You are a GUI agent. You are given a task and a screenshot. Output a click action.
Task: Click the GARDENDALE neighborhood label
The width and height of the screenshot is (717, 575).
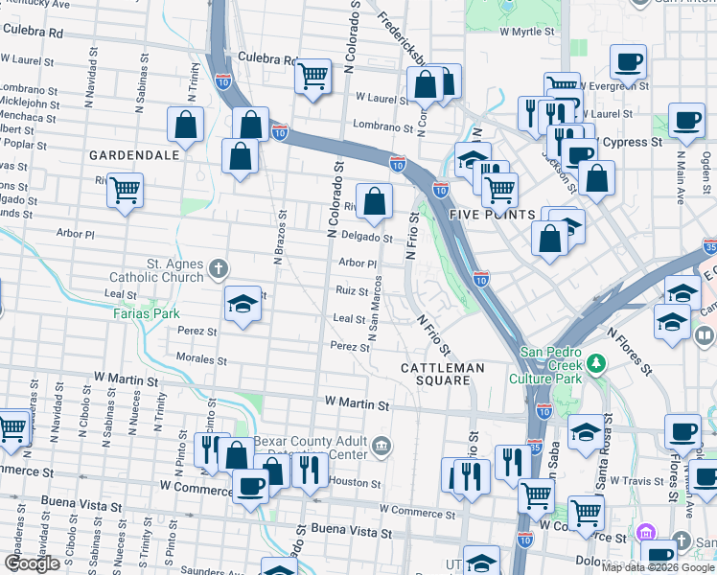click(134, 154)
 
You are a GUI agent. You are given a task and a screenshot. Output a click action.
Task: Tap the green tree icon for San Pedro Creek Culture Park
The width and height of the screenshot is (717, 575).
click(597, 363)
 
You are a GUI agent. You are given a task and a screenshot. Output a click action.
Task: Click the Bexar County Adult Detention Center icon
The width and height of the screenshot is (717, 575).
click(382, 445)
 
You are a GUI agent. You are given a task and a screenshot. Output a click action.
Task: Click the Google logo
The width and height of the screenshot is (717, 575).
click(32, 563)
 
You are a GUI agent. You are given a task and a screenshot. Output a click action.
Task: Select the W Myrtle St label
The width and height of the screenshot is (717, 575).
click(528, 32)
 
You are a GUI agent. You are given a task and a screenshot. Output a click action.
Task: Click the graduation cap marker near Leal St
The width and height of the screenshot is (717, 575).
click(243, 304)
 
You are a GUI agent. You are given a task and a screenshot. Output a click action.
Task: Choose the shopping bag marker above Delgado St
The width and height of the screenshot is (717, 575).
click(375, 199)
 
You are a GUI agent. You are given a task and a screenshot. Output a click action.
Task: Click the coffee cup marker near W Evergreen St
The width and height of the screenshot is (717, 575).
click(629, 62)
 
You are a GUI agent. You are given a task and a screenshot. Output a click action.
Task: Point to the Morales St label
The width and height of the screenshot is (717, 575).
click(201, 360)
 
